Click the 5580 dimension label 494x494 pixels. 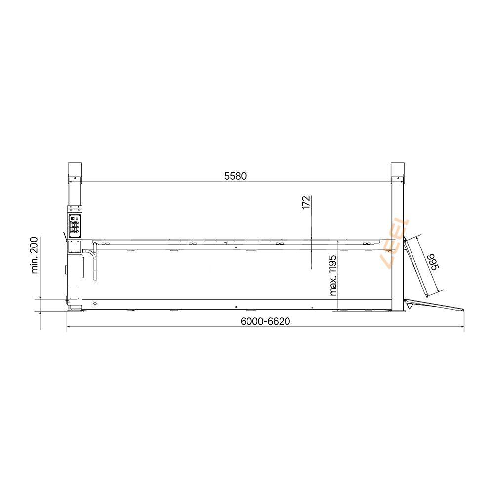(235, 176)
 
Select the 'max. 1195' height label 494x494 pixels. (333, 275)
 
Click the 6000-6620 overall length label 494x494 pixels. (265, 321)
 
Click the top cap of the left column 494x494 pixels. (75, 171)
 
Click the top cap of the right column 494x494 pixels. (398, 171)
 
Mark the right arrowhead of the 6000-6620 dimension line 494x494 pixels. (462, 327)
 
